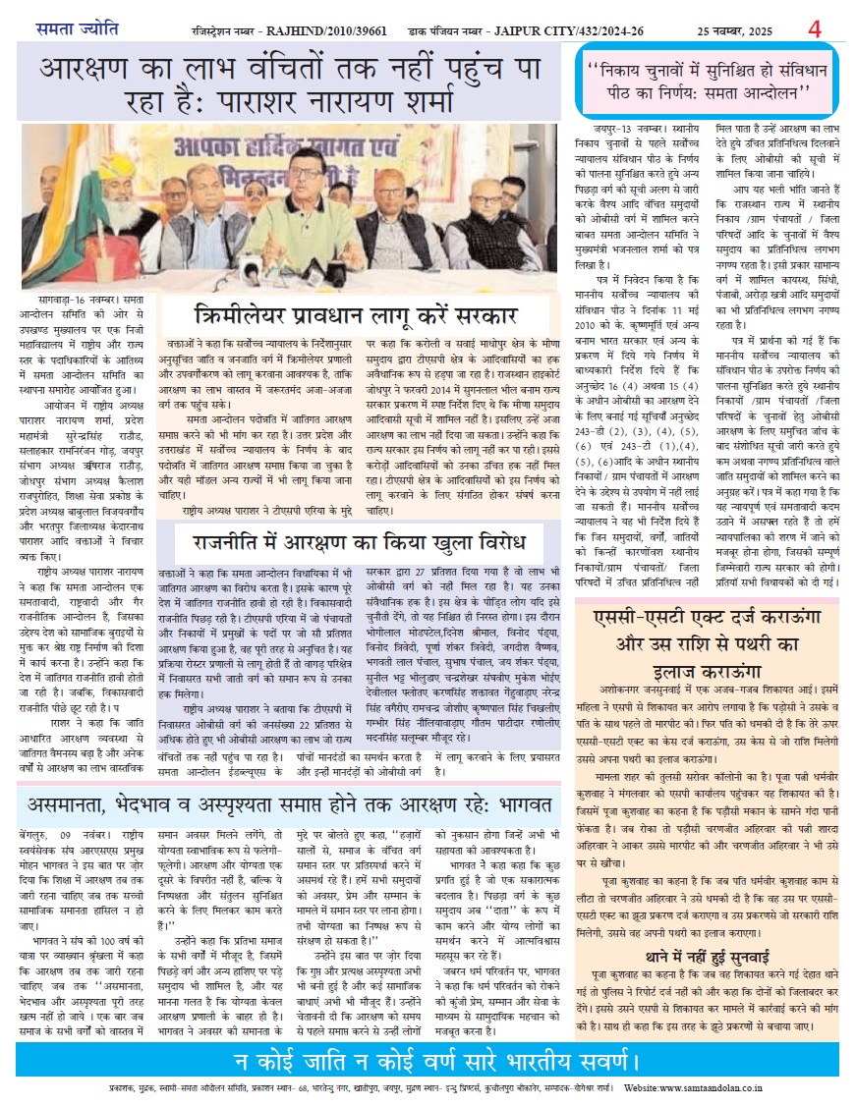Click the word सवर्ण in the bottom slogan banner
[589, 1062]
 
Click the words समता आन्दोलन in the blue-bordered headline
[754, 94]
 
